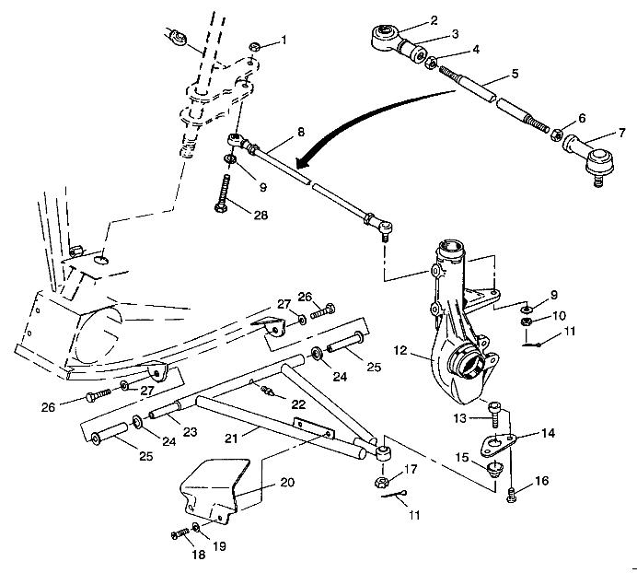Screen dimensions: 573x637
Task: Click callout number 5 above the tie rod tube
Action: (x=515, y=72)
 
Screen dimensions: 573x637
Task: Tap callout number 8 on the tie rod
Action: (x=301, y=132)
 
